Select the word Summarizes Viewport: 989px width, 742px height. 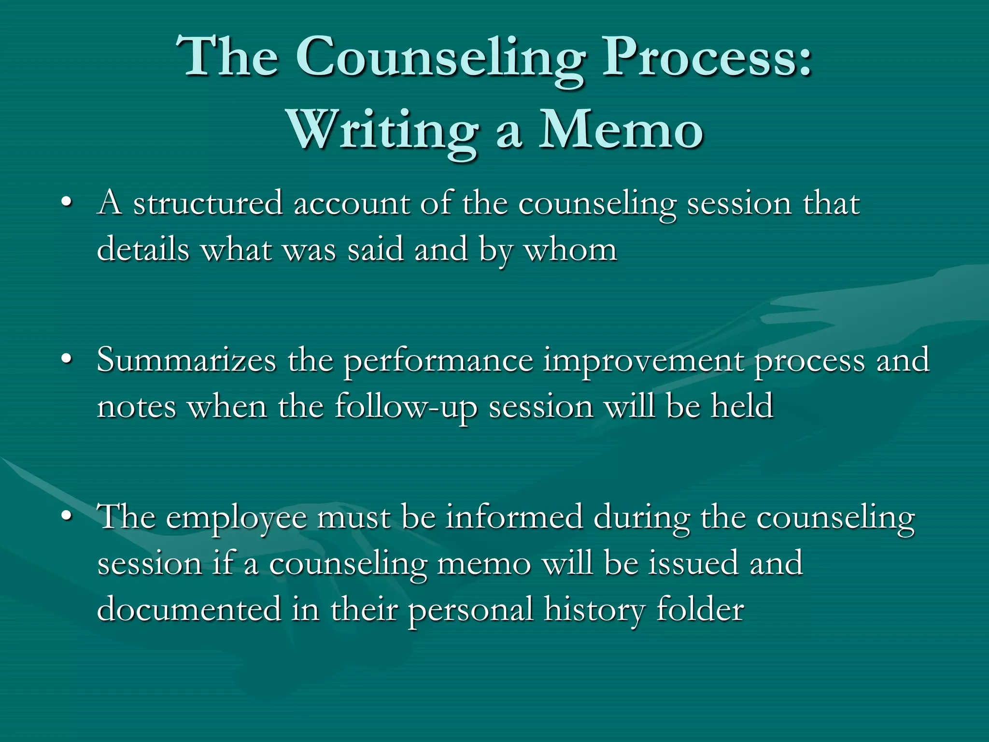pos(186,360)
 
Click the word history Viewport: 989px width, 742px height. pos(594,610)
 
